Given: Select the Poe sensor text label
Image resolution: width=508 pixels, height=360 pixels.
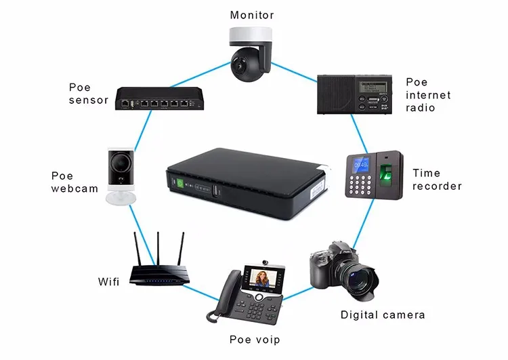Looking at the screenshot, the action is pos(89,94).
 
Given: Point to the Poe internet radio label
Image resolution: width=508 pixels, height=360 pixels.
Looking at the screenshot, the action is pos(427,95).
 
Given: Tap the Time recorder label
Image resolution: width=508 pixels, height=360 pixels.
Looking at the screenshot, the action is pos(437,180).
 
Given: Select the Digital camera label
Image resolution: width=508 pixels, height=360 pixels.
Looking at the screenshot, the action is pos(383,315).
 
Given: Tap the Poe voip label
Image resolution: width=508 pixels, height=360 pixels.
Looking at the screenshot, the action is pos(254,339).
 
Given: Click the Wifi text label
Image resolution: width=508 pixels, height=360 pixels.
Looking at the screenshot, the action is pos(108,280).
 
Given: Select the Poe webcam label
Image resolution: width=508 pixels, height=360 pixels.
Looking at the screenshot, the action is pos(75,182).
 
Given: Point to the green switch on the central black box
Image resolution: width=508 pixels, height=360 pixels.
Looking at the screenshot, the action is pos(180,182).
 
